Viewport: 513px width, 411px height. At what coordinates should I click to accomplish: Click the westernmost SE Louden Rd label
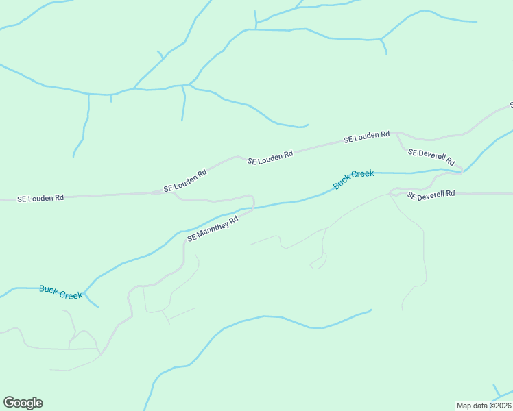tap(40, 198)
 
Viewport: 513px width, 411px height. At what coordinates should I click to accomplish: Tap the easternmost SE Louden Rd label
tap(366, 137)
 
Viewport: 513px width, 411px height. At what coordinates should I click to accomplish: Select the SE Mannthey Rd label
tap(212, 229)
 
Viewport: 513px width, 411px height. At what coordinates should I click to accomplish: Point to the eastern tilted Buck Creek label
tap(353, 179)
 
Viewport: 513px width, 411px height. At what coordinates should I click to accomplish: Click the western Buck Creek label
tap(60, 291)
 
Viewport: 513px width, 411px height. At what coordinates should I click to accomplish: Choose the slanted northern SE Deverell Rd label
tap(431, 157)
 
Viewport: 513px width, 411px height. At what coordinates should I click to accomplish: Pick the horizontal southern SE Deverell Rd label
tap(431, 195)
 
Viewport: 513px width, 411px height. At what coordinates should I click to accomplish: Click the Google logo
tap(23, 403)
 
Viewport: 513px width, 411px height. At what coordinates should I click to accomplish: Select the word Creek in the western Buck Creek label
tap(71, 293)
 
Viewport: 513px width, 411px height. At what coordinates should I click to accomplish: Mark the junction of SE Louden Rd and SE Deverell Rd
tap(397, 134)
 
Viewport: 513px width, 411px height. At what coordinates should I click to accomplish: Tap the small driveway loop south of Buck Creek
tap(318, 262)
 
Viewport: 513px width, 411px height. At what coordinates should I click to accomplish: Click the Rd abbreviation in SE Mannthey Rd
tap(233, 219)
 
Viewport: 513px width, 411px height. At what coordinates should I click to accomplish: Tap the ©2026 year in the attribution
tap(499, 406)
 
